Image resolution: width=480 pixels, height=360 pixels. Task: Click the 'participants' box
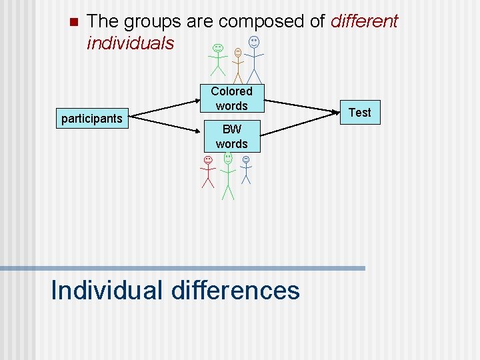click(x=91, y=119)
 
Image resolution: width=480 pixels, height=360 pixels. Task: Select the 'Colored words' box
click(x=231, y=99)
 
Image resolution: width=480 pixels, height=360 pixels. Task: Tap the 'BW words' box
click(x=231, y=137)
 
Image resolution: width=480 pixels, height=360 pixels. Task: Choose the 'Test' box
click(x=360, y=113)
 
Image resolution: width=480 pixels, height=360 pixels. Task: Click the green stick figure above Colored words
click(x=217, y=59)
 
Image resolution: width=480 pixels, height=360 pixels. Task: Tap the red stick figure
click(x=208, y=172)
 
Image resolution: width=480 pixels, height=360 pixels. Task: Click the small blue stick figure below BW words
click(x=246, y=169)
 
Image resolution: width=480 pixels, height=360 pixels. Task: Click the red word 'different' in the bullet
click(x=363, y=21)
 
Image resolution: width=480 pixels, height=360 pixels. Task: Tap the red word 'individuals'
click(x=131, y=43)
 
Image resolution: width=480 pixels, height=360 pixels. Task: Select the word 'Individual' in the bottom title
click(x=107, y=290)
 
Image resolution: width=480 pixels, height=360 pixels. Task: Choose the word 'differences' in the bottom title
click(x=235, y=290)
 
